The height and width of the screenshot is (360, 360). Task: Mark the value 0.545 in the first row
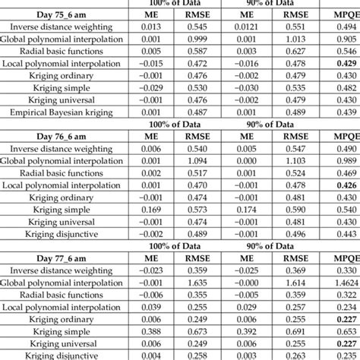pyautogui.click(x=199, y=26)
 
